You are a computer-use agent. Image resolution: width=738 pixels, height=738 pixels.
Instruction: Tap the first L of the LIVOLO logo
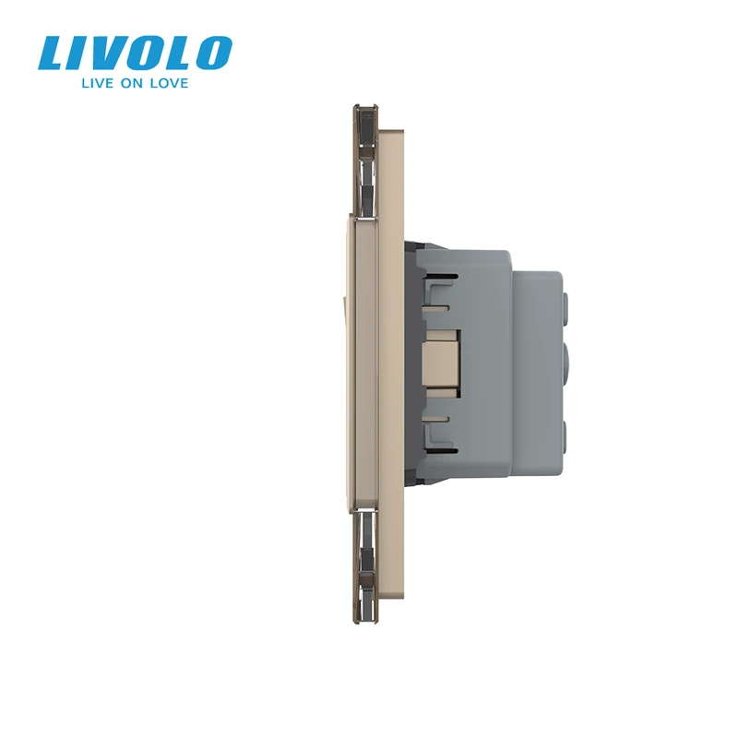(x=54, y=54)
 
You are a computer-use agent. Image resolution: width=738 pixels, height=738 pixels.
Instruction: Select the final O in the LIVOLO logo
(x=213, y=54)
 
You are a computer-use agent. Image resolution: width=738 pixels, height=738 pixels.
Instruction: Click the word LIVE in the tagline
(x=98, y=83)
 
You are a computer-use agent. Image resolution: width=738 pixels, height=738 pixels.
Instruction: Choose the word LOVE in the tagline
(x=169, y=83)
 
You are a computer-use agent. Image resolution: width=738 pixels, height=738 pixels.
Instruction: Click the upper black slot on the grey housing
(x=443, y=276)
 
